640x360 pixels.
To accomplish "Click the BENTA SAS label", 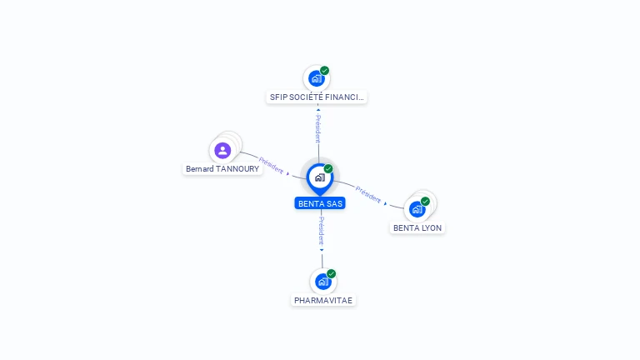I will pos(320,203).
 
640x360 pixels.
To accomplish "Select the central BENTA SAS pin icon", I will pos(319,177).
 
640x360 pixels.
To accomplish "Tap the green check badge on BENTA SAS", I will pos(328,169).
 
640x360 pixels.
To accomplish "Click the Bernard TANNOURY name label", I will pos(222,169).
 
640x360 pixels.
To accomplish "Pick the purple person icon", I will pos(222,151).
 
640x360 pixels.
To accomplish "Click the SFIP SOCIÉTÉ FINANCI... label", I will pos(317,97).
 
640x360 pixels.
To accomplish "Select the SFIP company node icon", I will pos(316,79).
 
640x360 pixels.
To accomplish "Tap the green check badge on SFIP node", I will pos(324,71).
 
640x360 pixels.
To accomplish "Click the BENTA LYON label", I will pos(417,227).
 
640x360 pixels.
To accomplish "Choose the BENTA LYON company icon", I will pos(417,209).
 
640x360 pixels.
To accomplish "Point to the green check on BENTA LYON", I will pos(425,201).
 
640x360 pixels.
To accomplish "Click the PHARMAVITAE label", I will pos(323,300).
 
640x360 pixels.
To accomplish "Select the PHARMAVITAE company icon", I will pos(322,282).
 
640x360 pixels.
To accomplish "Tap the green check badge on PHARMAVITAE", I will pos(331,273).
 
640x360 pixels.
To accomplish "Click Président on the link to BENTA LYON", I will pos(367,194).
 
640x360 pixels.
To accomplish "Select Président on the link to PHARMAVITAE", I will pos(322,231).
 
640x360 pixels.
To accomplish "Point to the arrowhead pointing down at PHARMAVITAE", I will pos(322,249).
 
